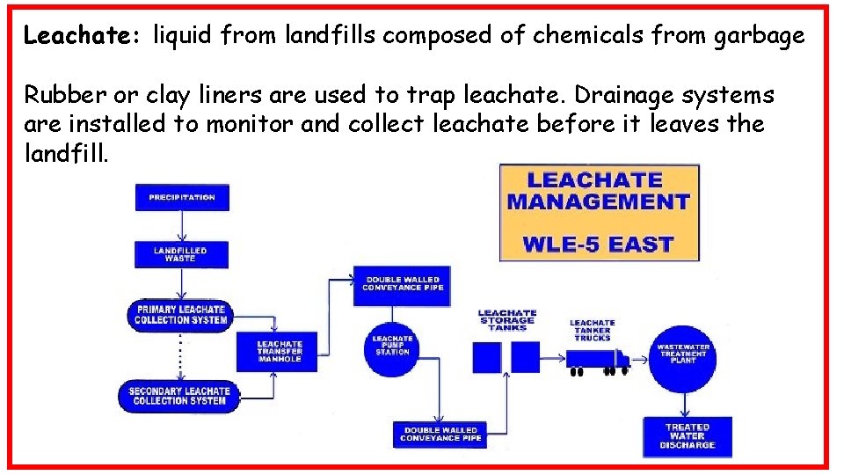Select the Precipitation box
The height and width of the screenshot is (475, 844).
pos(182,197)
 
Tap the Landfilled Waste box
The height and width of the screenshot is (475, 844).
pos(180,254)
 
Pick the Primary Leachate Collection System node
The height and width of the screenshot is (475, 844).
pos(180,315)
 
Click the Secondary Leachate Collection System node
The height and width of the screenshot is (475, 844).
pos(179,396)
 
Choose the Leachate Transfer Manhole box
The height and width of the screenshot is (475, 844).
pos(279,352)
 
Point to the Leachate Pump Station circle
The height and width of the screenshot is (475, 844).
pos(392,346)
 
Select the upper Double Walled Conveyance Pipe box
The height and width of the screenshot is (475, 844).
pos(403,284)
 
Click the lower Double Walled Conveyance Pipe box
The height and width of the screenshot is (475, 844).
pos(440,435)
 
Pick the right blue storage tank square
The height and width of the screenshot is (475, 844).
pos(526,358)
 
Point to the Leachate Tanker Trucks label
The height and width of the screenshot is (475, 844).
pos(592,330)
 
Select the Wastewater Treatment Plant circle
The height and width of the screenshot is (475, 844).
pos(683,353)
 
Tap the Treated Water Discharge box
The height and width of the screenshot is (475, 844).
pos(687,436)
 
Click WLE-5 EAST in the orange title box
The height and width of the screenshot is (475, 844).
pos(598,243)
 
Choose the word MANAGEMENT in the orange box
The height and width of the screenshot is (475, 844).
pos(598,201)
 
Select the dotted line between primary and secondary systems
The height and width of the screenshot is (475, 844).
pos(180,353)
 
